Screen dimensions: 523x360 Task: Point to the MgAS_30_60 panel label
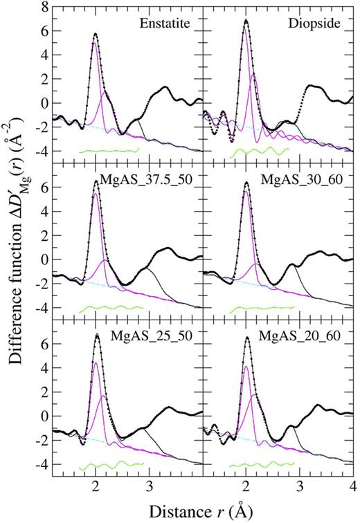click(x=298, y=179)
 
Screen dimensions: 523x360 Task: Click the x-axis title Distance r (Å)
click(x=202, y=510)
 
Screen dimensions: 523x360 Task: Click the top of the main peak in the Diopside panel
click(x=246, y=20)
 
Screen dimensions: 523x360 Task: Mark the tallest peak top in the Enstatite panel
click(x=96, y=33)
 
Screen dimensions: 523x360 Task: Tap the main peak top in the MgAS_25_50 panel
click(x=96, y=335)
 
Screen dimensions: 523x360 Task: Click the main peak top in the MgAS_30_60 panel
click(x=246, y=183)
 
